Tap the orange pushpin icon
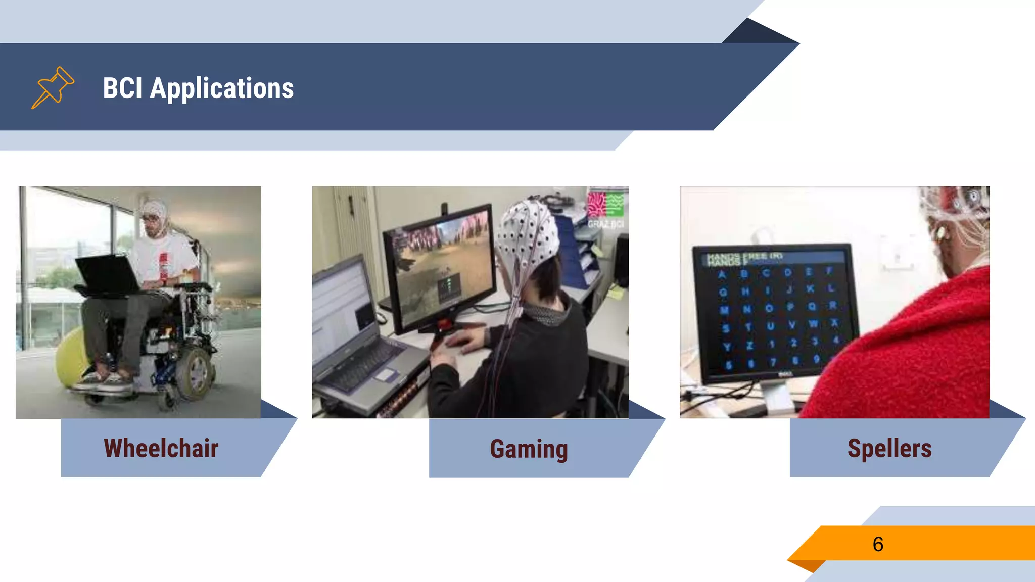click(53, 87)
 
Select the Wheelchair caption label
click(161, 448)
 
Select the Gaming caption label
click(529, 449)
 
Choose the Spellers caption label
click(889, 448)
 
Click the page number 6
click(878, 544)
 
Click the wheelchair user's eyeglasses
click(150, 218)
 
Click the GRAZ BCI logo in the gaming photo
click(605, 210)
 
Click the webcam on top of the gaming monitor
click(444, 208)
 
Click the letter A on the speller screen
click(722, 275)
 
